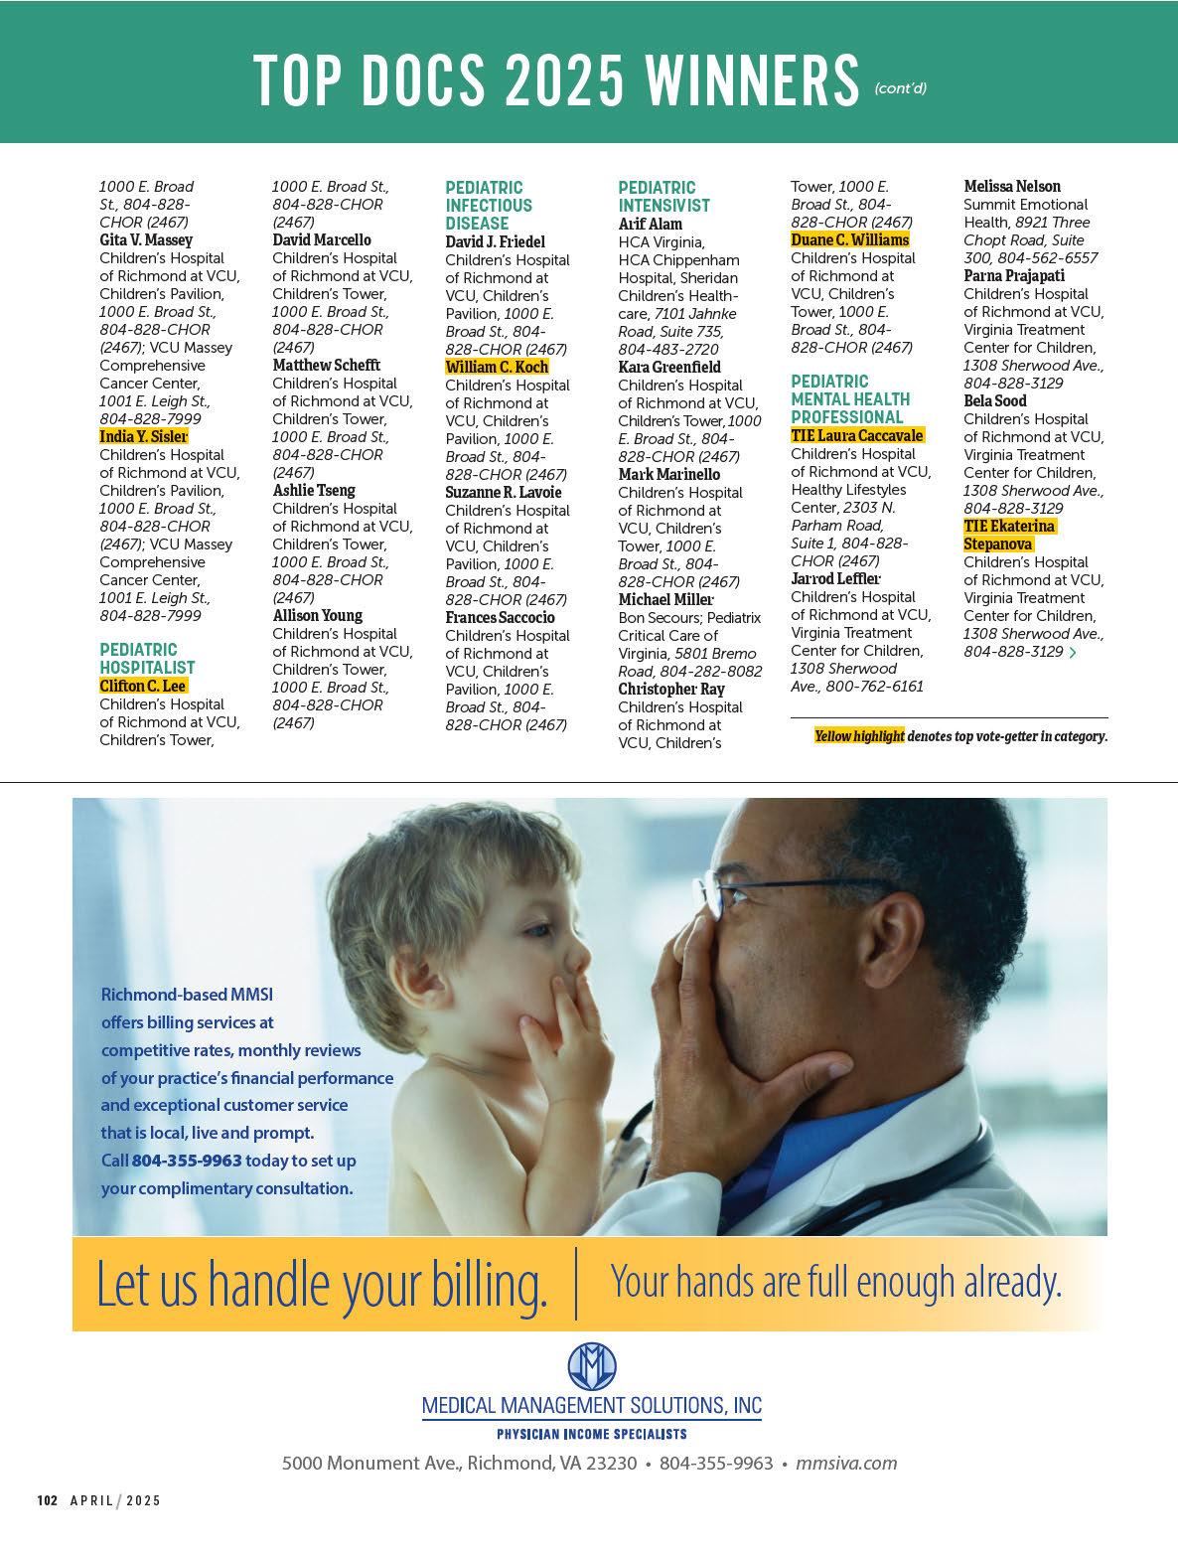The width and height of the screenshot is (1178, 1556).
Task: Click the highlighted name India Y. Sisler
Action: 144,436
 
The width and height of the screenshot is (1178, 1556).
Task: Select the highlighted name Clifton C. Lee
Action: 143,686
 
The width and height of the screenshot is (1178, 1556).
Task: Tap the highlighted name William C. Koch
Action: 497,367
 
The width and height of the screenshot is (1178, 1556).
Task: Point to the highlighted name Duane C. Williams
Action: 849,239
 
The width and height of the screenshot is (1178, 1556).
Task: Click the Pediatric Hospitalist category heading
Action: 147,659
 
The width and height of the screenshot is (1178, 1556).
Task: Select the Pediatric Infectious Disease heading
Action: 489,206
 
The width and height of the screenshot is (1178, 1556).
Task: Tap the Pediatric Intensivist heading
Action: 663,197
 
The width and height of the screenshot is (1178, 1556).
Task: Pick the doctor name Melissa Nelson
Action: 1012,186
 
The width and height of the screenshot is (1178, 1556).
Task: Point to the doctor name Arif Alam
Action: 650,224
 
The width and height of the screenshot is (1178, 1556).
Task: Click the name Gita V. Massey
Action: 146,239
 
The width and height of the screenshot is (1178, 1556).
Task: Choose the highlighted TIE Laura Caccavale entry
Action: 857,435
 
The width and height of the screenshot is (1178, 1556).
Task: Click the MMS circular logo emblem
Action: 592,1366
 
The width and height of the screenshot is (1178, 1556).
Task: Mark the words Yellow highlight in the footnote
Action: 859,736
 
